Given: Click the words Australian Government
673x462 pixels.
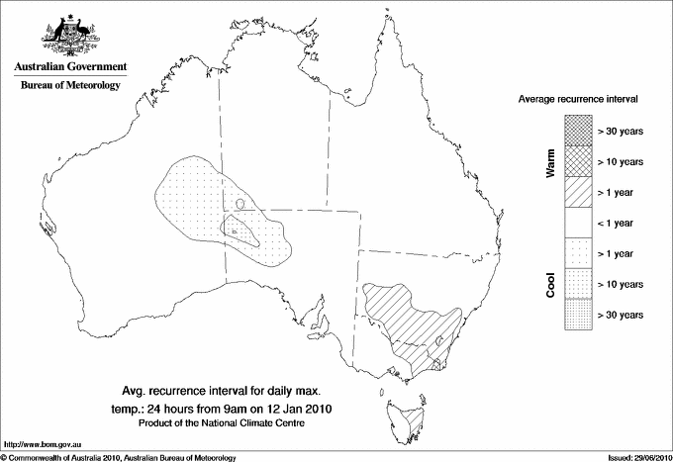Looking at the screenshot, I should click(70, 67).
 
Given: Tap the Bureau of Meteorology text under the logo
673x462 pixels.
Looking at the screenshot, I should click(70, 86).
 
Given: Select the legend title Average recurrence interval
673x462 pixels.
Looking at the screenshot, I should click(578, 101).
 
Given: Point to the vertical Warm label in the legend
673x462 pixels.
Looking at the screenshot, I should click(551, 162).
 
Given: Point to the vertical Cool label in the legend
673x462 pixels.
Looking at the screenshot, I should click(551, 284).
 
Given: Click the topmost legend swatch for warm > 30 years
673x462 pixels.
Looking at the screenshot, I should click(577, 131).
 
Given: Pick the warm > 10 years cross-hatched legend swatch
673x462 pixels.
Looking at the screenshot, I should click(577, 161).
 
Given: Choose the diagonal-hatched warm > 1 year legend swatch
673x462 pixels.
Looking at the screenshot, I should click(577, 192).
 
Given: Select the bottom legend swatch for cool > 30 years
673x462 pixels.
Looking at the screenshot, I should click(577, 315).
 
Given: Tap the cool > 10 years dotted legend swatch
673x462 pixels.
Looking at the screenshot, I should click(577, 284).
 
